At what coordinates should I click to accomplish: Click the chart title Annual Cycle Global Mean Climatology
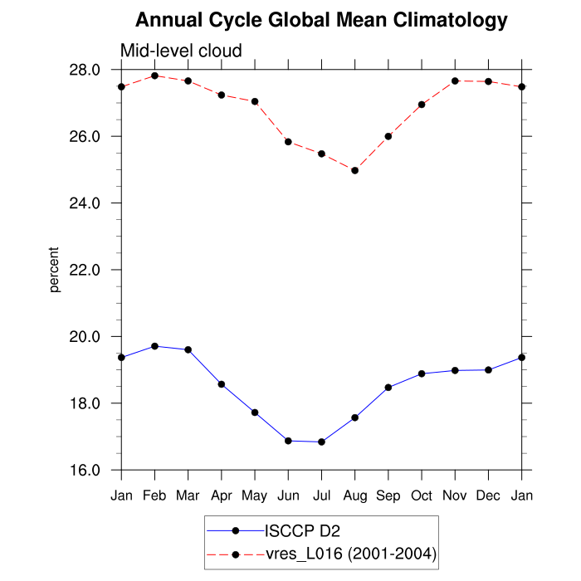point(321,19)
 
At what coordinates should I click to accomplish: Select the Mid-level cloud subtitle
point(181,51)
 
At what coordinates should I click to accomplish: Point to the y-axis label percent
point(55,270)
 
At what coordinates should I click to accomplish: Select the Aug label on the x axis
point(355,496)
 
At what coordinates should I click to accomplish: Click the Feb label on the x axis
point(154,496)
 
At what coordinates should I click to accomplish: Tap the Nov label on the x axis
point(455,496)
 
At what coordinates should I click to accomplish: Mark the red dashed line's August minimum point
point(355,170)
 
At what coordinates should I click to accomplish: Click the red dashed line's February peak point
point(155,76)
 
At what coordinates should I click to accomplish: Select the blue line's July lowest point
point(321,442)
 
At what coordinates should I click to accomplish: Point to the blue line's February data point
point(155,346)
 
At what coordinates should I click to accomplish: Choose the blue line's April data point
point(222,384)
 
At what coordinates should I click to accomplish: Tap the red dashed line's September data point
point(388,136)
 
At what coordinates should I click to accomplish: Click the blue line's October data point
point(422,373)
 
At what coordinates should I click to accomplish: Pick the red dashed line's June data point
point(288,142)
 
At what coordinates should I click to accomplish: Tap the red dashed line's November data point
point(455,81)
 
